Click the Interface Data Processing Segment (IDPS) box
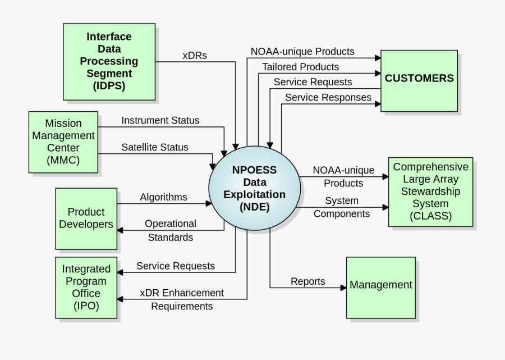coord(109,61)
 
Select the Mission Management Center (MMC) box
coord(63,142)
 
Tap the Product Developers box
coord(86,218)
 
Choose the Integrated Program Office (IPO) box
coord(86,287)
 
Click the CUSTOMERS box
coord(419,78)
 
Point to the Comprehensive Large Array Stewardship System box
coord(430,192)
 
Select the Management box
coord(381,285)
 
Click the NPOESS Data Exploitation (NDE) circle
coord(254,188)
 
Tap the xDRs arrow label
coord(195,56)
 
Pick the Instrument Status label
coord(160,120)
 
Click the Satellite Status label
coord(155,147)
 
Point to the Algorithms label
coord(163,197)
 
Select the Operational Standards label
coord(171,230)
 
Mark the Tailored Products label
coord(301,67)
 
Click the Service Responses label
coord(328,97)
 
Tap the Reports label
coord(307,281)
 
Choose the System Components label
coord(341,207)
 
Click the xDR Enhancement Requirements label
coord(182,299)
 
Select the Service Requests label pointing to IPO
coord(176,266)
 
